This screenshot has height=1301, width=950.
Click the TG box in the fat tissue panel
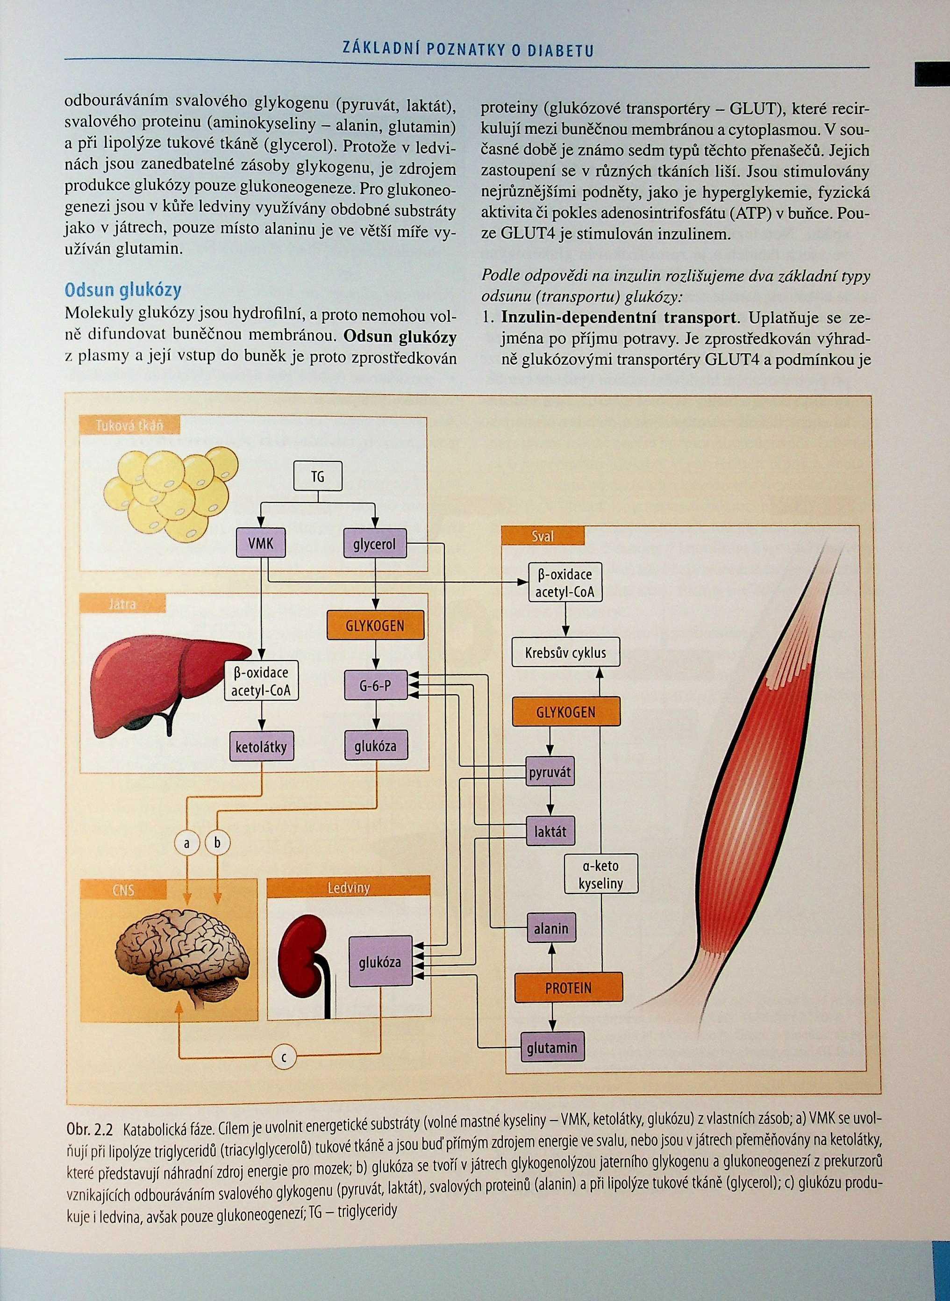click(x=317, y=476)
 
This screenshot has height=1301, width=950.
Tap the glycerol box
click(x=374, y=544)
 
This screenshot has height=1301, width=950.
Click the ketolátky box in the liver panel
click(x=261, y=747)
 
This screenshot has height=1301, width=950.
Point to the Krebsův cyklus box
click(x=565, y=652)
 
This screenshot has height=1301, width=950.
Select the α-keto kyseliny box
click(x=600, y=874)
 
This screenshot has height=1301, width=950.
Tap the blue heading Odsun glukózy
click(x=122, y=290)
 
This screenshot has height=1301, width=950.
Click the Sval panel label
click(x=542, y=536)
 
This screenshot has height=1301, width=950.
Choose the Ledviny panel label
click(x=349, y=887)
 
